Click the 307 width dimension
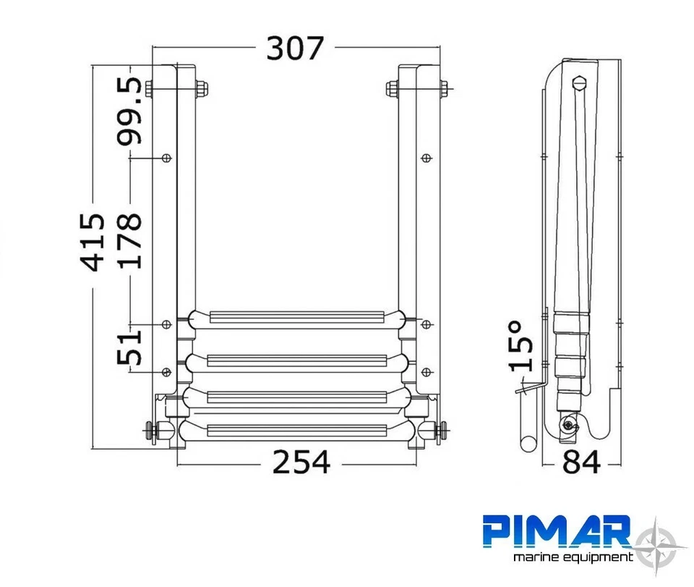[x=295, y=48]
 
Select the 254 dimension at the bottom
[x=301, y=462]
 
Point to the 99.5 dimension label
[x=131, y=111]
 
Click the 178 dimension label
[x=131, y=240]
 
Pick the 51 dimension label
[x=130, y=345]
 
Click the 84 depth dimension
[x=581, y=462]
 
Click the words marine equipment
[x=572, y=557]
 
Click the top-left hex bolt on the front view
[x=150, y=89]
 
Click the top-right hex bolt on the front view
[x=392, y=89]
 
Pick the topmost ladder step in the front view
[x=296, y=318]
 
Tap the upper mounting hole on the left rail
[x=167, y=157]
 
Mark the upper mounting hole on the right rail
[x=427, y=157]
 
